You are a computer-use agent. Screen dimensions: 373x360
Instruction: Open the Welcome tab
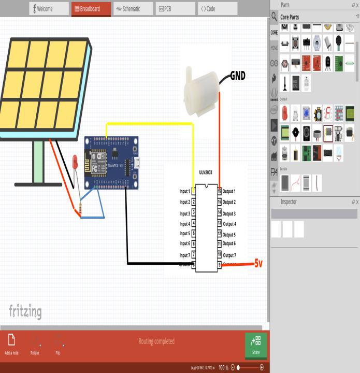49,9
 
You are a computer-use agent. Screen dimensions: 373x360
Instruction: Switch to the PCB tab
175,9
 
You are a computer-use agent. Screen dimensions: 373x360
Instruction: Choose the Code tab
217,9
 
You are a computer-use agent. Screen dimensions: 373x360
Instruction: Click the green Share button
256,345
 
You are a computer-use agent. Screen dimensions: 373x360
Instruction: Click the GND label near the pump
238,76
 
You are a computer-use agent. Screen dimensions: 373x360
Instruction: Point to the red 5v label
258,264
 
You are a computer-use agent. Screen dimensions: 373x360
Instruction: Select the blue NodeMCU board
111,162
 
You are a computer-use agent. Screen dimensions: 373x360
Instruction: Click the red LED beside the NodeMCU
75,162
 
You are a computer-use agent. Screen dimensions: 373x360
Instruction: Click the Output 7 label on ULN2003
229,255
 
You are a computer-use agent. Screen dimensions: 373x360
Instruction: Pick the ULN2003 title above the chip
206,173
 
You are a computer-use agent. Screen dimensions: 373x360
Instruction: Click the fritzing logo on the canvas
25,311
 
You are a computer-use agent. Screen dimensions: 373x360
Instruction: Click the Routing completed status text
156,341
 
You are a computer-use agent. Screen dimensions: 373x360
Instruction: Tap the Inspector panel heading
289,202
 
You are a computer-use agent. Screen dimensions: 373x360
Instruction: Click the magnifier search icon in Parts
274,17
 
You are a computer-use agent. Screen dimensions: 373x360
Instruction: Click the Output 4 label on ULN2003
229,224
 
